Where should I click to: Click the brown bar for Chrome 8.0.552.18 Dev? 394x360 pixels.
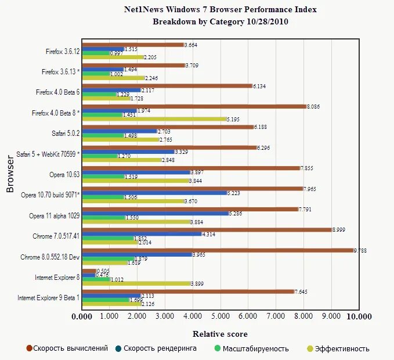pos(218,250)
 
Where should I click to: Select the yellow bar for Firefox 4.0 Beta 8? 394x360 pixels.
pos(154,119)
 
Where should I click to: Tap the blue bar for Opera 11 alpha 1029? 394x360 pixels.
pos(155,213)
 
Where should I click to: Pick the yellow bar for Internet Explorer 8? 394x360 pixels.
pos(136,283)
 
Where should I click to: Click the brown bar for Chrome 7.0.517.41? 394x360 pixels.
pos(207,229)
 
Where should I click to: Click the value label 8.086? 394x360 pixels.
pos(313,107)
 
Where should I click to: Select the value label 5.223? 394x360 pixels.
pos(234,193)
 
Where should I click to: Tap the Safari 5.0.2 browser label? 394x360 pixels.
pos(64,133)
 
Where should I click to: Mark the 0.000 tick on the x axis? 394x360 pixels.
pos(82,317)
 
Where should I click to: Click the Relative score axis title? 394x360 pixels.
pos(220,334)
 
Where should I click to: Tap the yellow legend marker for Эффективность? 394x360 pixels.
pos(310,349)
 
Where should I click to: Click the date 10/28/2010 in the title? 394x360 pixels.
pos(266,22)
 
